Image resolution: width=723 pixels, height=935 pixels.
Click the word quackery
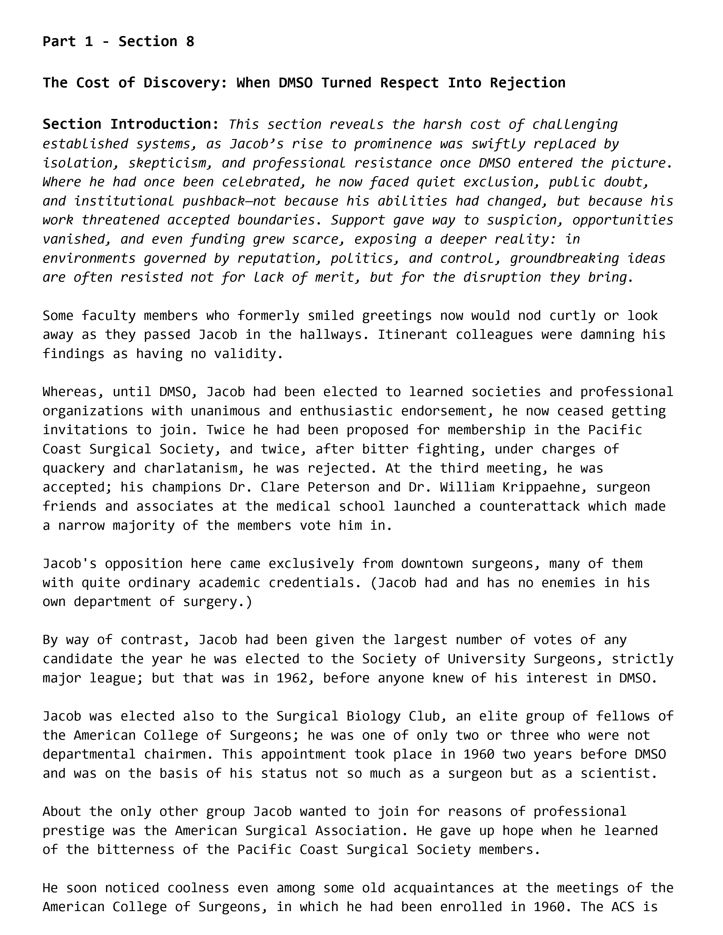coord(73,468)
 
